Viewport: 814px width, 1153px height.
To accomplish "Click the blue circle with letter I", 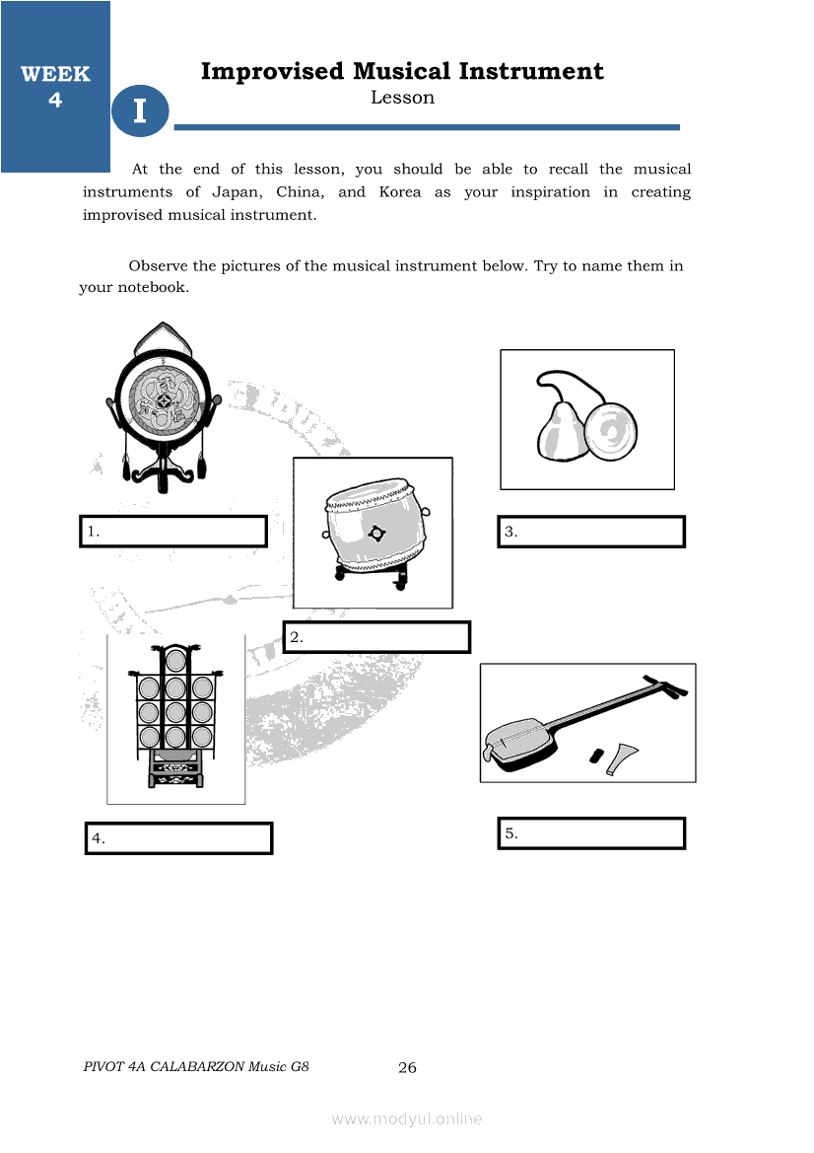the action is [x=140, y=110].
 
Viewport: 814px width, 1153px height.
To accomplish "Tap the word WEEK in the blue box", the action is [x=55, y=74].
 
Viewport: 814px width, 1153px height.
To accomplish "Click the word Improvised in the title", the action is [x=273, y=71].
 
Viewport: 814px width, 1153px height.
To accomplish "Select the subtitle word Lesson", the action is [x=403, y=98].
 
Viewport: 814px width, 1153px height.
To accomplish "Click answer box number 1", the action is [x=173, y=531].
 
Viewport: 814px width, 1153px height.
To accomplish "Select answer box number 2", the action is [x=376, y=637].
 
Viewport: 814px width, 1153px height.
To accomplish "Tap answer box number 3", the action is [x=591, y=532].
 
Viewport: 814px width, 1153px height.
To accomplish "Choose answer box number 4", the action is [x=178, y=838].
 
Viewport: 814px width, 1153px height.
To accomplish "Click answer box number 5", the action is [x=591, y=833].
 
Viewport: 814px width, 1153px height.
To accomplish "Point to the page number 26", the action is [x=407, y=1068].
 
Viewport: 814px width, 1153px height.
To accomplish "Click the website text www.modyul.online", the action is [x=407, y=1119].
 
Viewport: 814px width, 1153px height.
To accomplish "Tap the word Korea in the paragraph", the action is [x=400, y=192].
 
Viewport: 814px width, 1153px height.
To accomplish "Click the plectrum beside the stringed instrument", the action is [x=622, y=758].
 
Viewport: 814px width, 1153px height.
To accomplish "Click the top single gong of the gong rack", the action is [x=175, y=660].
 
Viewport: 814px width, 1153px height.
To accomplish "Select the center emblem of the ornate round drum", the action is [x=163, y=401].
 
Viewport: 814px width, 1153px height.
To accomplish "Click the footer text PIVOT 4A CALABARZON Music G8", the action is [x=196, y=1067].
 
